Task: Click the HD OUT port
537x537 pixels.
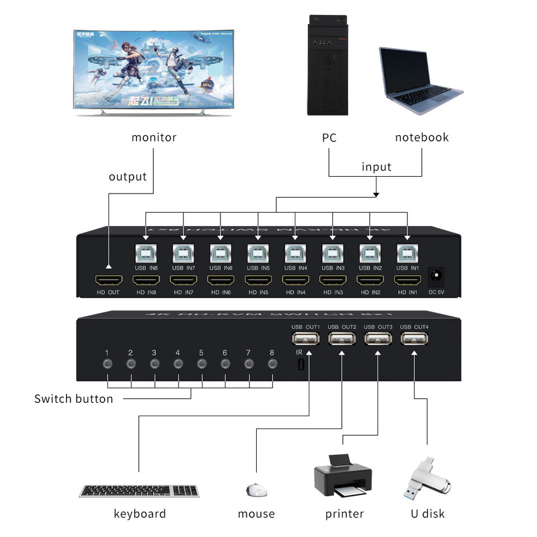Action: [x=108, y=280]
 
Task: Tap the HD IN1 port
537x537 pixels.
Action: [x=407, y=280]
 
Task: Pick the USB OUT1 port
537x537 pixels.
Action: [x=305, y=339]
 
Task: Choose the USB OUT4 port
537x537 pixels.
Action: [x=414, y=339]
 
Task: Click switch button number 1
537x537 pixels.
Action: [x=107, y=364]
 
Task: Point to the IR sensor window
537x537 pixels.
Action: [x=302, y=365]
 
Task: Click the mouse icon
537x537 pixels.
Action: [x=257, y=489]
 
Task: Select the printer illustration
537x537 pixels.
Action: [x=342, y=476]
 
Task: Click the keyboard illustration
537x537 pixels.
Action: [x=139, y=491]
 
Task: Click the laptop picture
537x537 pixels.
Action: [x=420, y=80]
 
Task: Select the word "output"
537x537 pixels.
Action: [x=128, y=177]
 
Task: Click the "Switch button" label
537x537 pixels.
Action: [x=73, y=399]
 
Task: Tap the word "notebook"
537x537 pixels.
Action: [x=422, y=138]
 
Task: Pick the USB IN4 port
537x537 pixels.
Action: [x=295, y=254]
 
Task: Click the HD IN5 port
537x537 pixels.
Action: [x=257, y=280]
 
